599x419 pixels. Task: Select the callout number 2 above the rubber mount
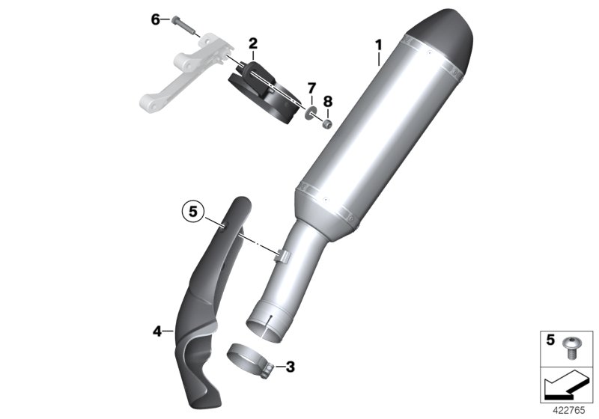(x=253, y=43)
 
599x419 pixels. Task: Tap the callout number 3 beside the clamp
(x=291, y=367)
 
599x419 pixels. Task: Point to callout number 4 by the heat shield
(x=158, y=329)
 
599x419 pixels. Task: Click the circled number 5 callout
(x=192, y=212)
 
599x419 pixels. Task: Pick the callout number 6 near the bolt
(x=156, y=19)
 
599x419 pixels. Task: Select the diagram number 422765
(x=571, y=410)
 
